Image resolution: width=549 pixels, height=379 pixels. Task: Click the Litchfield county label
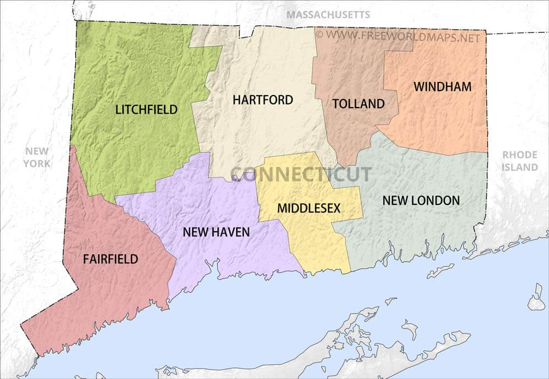click(x=147, y=109)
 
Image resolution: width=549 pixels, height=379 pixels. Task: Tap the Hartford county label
click(x=262, y=100)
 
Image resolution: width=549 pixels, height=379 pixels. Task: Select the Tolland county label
click(x=358, y=104)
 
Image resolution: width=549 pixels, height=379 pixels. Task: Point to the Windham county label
click(x=442, y=87)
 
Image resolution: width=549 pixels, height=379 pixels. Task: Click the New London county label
click(x=421, y=200)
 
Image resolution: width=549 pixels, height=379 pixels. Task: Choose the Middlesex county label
click(x=309, y=208)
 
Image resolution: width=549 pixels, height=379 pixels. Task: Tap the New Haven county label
click(x=216, y=232)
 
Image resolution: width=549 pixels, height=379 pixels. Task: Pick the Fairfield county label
click(x=110, y=259)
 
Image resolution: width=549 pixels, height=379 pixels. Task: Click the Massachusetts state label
click(x=328, y=14)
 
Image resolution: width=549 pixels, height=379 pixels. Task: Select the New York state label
click(x=37, y=157)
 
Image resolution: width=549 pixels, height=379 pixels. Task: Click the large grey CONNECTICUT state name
click(x=300, y=175)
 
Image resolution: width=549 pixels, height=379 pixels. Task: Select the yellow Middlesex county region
click(x=318, y=242)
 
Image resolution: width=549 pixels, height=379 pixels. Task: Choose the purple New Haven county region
click(x=220, y=198)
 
